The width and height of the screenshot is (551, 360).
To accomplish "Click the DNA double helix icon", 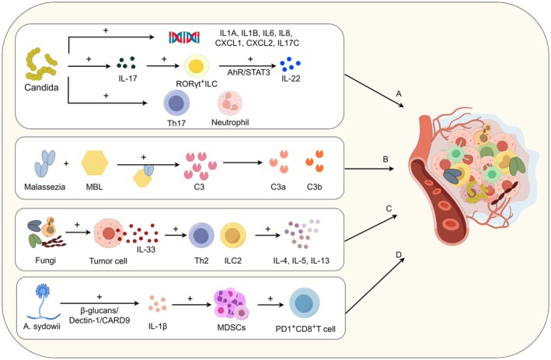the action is pyautogui.click(x=184, y=37).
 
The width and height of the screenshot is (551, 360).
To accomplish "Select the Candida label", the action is pyautogui.click(x=41, y=88).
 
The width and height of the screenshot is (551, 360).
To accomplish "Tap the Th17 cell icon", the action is pyautogui.click(x=176, y=103).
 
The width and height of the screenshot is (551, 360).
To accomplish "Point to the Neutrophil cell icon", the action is pyautogui.click(x=230, y=103).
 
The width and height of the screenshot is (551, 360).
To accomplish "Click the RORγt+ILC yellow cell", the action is pyautogui.click(x=197, y=66).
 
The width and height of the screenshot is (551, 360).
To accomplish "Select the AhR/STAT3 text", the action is pyautogui.click(x=249, y=73).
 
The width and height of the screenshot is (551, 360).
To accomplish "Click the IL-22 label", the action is pyautogui.click(x=291, y=79).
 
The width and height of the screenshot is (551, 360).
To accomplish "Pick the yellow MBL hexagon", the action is pyautogui.click(x=95, y=163).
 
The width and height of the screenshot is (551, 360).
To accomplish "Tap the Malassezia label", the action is pyautogui.click(x=44, y=187).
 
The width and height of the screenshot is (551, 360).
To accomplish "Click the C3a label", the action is pyautogui.click(x=278, y=187).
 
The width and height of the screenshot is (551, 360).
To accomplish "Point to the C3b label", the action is pyautogui.click(x=314, y=187).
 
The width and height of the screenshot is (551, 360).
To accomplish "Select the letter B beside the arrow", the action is pyautogui.click(x=385, y=159).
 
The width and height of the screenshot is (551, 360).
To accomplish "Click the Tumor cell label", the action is pyautogui.click(x=108, y=260).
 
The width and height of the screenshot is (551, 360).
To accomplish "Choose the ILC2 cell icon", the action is pyautogui.click(x=232, y=236).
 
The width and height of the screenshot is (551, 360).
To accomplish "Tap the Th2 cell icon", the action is pyautogui.click(x=201, y=236).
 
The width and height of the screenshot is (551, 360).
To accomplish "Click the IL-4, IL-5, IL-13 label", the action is pyautogui.click(x=302, y=260).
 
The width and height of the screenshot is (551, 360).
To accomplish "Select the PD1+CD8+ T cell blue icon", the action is pyautogui.click(x=305, y=304).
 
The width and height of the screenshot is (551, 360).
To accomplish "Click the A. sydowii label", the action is pyautogui.click(x=42, y=327).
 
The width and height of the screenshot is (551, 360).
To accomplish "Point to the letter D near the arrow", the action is pyautogui.click(x=399, y=254).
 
